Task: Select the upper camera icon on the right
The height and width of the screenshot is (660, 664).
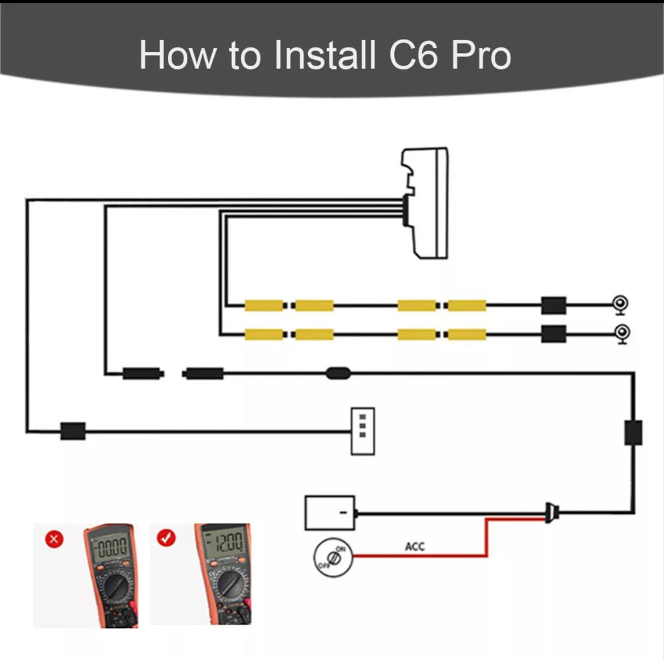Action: [621, 304]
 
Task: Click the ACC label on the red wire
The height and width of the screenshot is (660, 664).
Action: [414, 546]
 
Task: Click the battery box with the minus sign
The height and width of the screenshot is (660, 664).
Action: [330, 513]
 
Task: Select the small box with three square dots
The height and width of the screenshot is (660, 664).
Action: [362, 431]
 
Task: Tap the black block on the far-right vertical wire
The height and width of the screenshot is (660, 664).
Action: [633, 433]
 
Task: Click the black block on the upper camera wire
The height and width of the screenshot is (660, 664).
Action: [554, 305]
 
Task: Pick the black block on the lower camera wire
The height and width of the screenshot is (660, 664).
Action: [554, 334]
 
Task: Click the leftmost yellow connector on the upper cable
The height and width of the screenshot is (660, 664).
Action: [264, 305]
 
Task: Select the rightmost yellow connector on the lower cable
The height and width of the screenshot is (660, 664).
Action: [467, 334]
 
